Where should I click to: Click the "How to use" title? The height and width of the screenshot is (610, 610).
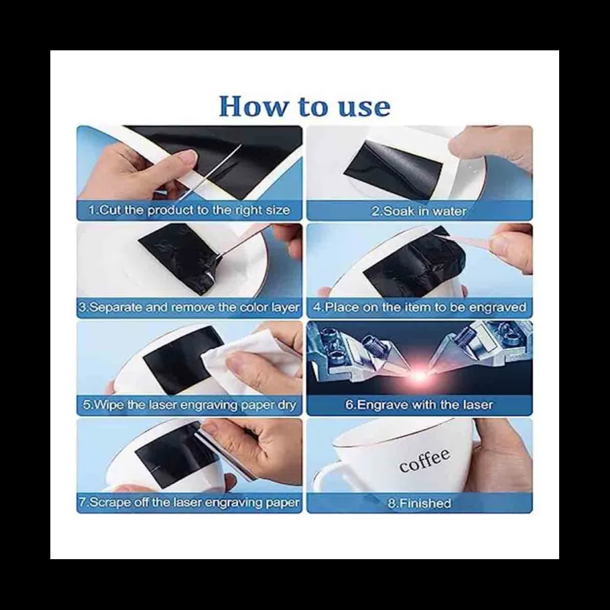click(304, 106)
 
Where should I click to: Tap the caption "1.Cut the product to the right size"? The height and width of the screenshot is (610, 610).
click(189, 210)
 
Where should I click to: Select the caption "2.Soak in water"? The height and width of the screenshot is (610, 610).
click(419, 211)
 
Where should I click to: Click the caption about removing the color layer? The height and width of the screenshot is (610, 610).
click(189, 307)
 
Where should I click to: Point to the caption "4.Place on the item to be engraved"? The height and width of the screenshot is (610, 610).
click(420, 307)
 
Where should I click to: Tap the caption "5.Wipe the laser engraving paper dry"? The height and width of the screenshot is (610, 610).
click(190, 405)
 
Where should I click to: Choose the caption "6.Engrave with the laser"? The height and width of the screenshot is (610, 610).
click(419, 405)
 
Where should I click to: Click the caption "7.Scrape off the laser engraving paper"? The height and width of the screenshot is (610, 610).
click(189, 502)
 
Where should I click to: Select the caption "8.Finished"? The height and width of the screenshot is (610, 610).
click(420, 504)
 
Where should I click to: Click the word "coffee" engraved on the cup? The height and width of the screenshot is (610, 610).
click(424, 461)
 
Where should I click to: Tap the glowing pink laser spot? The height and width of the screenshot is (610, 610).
click(419, 375)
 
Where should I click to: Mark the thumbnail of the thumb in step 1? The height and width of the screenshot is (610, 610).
click(186, 156)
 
